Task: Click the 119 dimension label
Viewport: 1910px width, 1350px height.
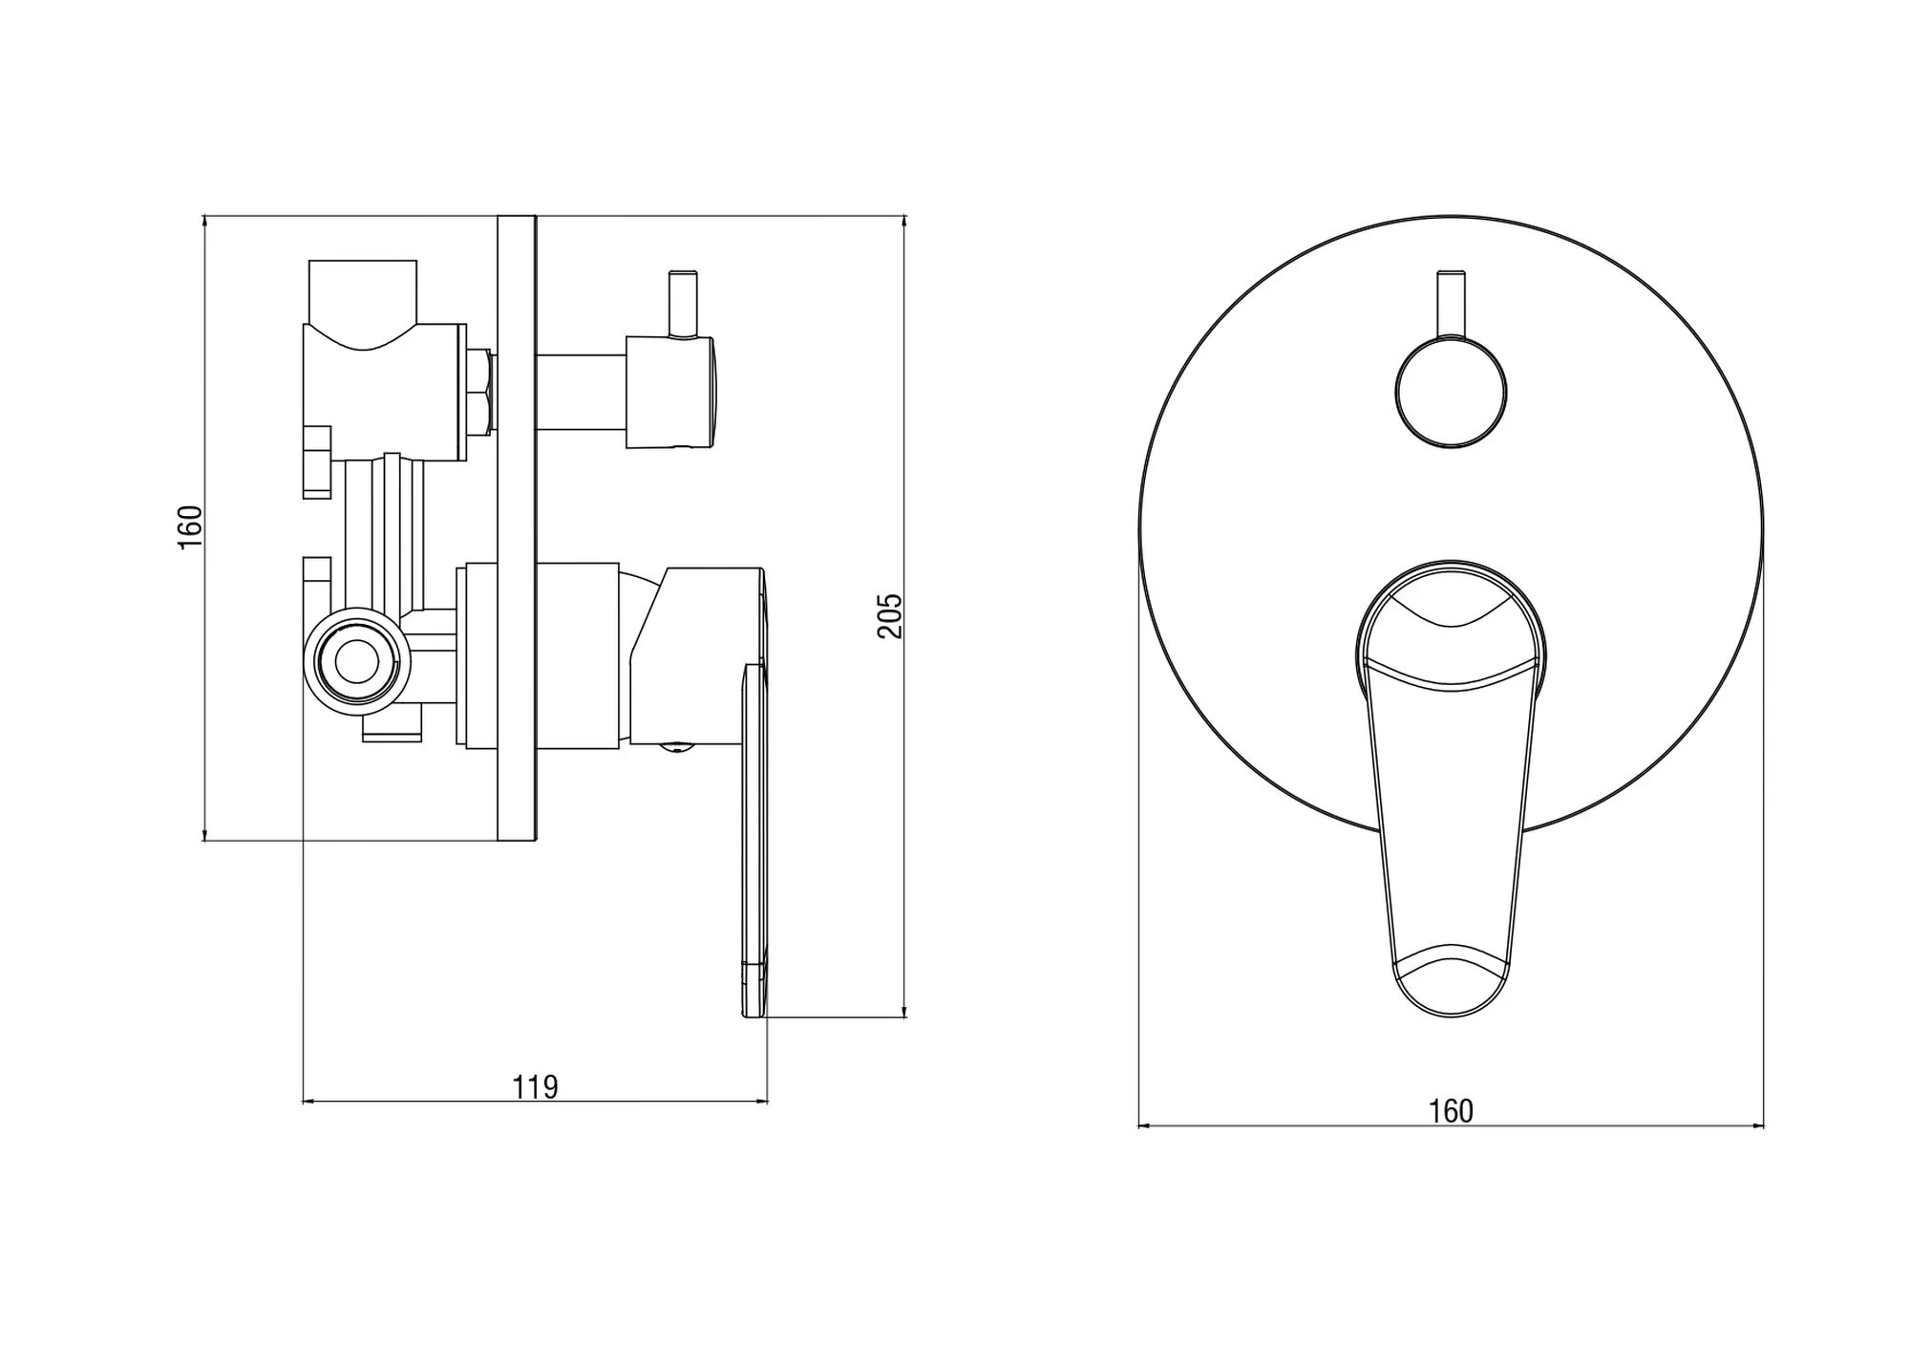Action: point(535,1087)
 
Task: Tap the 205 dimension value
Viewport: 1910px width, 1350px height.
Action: point(890,616)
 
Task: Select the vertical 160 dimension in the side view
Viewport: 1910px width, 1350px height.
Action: point(191,526)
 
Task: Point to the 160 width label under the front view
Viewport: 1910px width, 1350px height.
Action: point(1451,1111)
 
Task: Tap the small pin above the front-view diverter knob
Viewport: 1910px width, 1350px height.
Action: point(1451,304)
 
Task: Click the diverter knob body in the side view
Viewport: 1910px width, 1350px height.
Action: point(669,392)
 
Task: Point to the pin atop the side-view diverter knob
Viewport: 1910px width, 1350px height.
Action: point(683,304)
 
